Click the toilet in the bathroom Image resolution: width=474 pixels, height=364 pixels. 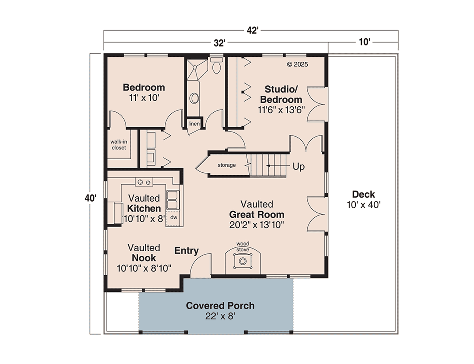(216, 65)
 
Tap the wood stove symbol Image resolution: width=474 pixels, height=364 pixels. (243, 261)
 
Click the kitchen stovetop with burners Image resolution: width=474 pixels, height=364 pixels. (144, 182)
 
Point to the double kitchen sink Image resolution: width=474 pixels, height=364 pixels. (172, 200)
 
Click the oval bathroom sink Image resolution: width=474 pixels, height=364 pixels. (194, 98)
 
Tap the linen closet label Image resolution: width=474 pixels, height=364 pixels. (194, 124)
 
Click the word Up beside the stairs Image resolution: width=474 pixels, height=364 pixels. (298, 166)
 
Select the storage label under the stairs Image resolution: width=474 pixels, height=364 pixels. (227, 165)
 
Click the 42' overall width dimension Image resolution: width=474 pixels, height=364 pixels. (252, 30)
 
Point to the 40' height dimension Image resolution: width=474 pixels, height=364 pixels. (90, 198)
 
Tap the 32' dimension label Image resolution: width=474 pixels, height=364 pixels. (219, 43)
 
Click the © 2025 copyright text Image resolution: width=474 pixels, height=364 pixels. (297, 64)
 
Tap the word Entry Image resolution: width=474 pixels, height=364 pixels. (186, 251)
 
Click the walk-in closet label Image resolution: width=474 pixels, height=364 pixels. (118, 145)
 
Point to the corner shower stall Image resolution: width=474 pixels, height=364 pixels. (196, 70)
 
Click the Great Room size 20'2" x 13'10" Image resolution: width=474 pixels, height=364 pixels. (256, 225)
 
